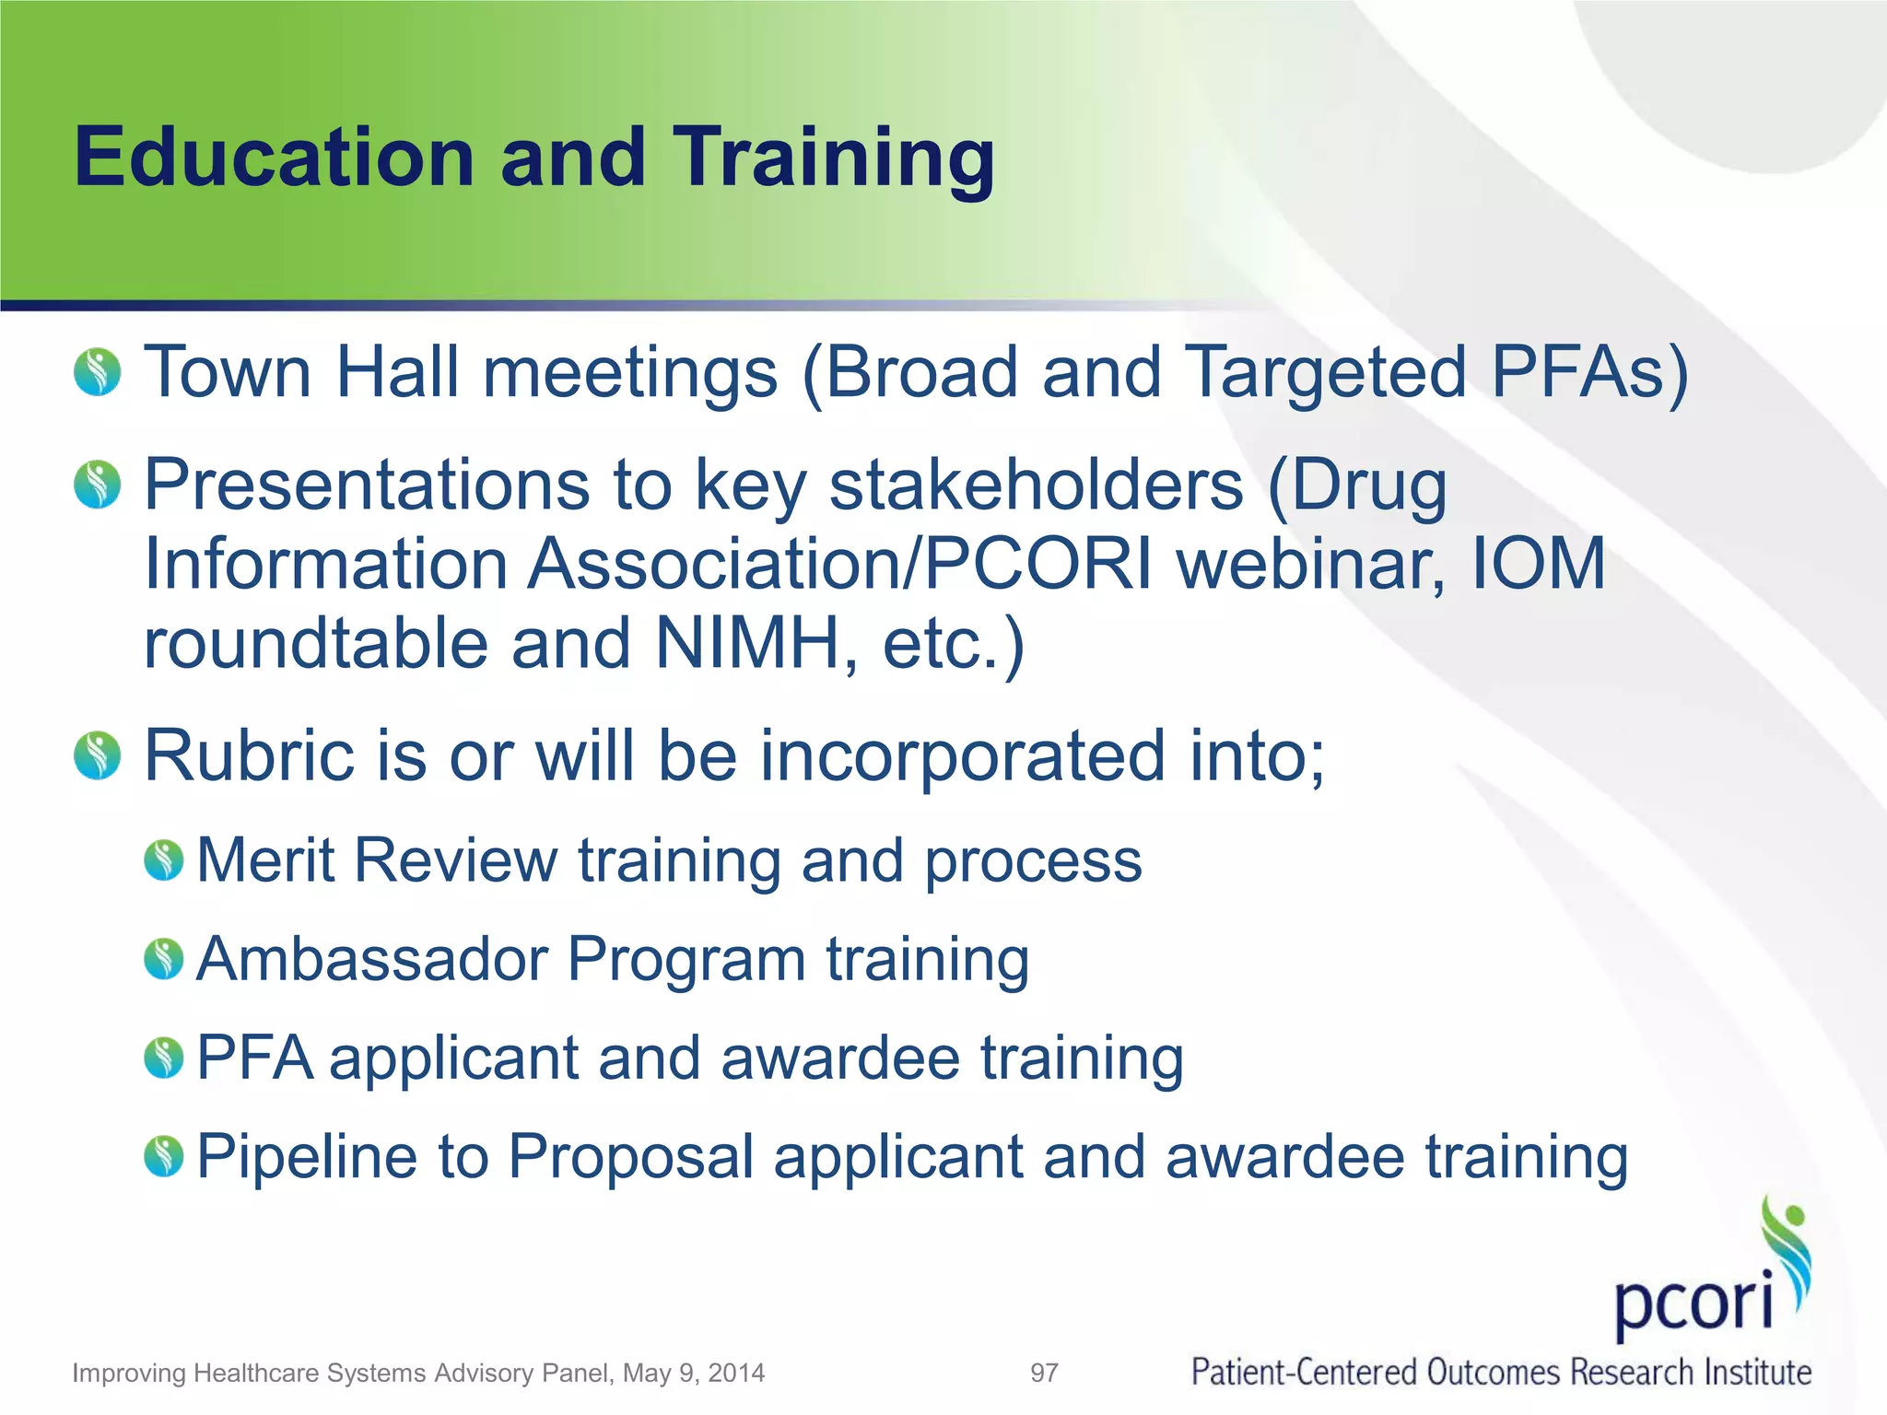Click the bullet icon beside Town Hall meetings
pyautogui.click(x=98, y=372)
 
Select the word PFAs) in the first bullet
pyautogui.click(x=1590, y=373)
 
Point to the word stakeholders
pyautogui.click(x=1036, y=485)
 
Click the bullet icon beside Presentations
pyautogui.click(x=98, y=485)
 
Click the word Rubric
pyautogui.click(x=249, y=755)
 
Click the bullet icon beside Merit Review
pyautogui.click(x=164, y=860)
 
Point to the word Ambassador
pyautogui.click(x=372, y=959)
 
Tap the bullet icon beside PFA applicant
pyautogui.click(x=164, y=1058)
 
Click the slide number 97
pyautogui.click(x=1044, y=1374)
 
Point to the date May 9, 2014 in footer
pyautogui.click(x=694, y=1374)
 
